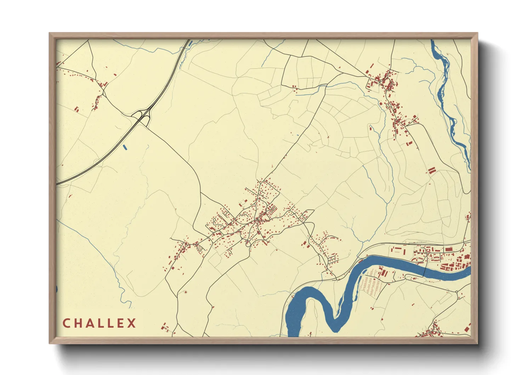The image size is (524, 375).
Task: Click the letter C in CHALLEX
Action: click(66, 323)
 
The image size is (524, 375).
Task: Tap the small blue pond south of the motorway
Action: click(124, 146)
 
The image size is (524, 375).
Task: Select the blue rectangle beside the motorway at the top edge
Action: click(190, 43)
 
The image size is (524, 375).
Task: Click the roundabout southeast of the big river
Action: click(457, 292)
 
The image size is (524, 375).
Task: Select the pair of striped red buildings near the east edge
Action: click(431, 171)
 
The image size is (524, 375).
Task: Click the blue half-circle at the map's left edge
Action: click(57, 289)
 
